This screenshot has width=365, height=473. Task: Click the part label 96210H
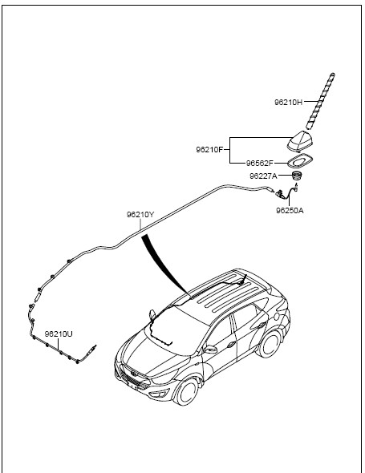288,102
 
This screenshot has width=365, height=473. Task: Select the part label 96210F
210,149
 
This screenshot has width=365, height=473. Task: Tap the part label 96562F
260,164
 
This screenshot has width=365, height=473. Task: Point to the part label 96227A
263,176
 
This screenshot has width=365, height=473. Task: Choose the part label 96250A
290,210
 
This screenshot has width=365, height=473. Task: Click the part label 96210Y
140,215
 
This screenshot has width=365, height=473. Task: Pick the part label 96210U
59,334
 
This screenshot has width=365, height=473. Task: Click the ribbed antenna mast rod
320,101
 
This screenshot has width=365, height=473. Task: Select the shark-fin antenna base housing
300,141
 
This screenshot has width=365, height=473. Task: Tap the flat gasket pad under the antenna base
300,161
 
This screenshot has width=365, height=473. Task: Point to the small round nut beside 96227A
297,176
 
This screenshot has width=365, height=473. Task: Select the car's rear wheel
270,344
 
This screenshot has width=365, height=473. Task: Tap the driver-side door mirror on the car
210,349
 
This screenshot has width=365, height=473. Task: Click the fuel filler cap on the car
276,317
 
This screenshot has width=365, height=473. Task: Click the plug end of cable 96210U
91,350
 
